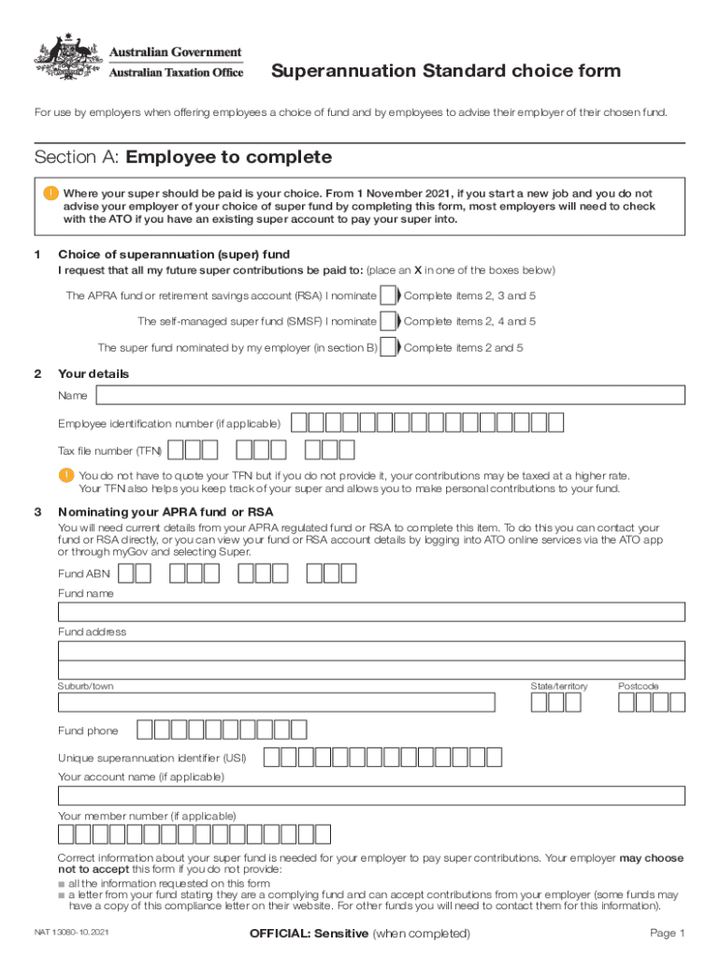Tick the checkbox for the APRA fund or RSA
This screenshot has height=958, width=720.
(x=388, y=296)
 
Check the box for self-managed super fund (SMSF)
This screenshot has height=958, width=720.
(x=388, y=322)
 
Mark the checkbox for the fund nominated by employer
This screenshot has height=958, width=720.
(x=388, y=348)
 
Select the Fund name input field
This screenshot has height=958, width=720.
(x=371, y=612)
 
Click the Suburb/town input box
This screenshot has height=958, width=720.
(x=277, y=703)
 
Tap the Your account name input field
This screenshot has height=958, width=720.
(x=371, y=796)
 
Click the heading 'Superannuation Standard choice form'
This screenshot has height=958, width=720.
(x=445, y=72)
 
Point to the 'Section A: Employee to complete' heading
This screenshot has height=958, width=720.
(x=182, y=156)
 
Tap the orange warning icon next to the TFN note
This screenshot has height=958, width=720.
(x=65, y=475)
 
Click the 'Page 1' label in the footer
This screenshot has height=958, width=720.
(x=668, y=934)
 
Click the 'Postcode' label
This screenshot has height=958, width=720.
(x=638, y=687)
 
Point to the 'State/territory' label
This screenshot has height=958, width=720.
(x=559, y=687)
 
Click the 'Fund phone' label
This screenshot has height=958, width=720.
(x=88, y=731)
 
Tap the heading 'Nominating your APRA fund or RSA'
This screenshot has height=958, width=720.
(x=166, y=512)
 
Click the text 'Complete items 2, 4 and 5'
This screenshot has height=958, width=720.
(x=469, y=322)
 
